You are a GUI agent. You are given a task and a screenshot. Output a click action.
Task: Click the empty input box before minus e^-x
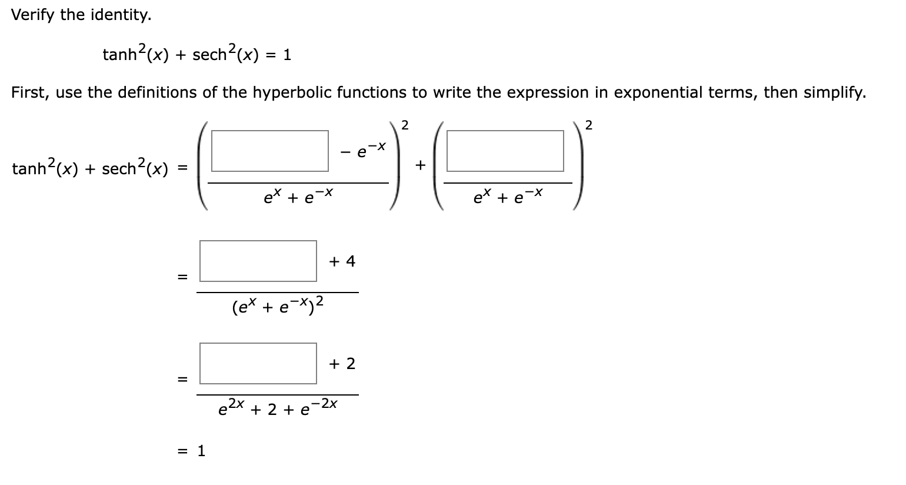pos(269,151)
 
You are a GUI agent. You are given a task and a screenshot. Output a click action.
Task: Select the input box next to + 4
pos(258,261)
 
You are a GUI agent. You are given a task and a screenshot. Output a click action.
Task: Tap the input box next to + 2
pos(258,363)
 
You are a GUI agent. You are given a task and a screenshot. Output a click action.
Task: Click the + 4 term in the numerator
pos(342,261)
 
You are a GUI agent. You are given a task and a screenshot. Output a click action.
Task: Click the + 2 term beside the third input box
pos(342,364)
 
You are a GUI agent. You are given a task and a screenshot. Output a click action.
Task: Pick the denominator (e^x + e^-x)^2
pos(278,305)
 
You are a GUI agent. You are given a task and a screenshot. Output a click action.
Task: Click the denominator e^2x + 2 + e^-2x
pos(278,407)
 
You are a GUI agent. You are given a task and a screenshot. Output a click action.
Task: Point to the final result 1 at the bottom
pos(201,451)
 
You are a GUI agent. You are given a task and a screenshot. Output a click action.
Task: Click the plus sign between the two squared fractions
pos(419,166)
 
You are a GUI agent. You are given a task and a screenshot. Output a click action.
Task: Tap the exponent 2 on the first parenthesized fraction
pos(405,125)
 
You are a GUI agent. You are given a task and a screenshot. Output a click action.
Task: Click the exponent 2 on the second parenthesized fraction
pos(589,125)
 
